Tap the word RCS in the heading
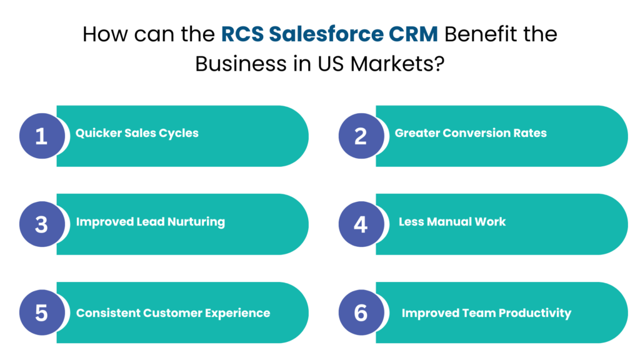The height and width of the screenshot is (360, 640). pyautogui.click(x=241, y=34)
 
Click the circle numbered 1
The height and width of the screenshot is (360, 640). pyautogui.click(x=41, y=136)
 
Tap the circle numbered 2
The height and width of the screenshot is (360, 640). pyautogui.click(x=361, y=136)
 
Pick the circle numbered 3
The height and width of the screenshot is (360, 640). pyautogui.click(x=41, y=224)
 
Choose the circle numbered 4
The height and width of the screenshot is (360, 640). pyautogui.click(x=361, y=224)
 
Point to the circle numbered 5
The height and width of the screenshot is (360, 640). pyautogui.click(x=41, y=312)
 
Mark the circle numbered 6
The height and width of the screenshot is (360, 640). pyautogui.click(x=361, y=312)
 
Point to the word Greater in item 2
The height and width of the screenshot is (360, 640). pyautogui.click(x=416, y=133)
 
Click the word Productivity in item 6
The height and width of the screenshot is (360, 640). pyautogui.click(x=535, y=313)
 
